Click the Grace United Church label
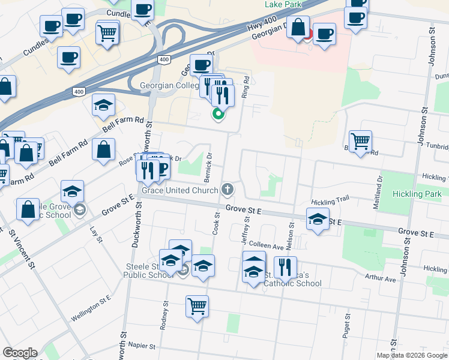click(x=179, y=190)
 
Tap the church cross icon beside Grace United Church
click(x=227, y=190)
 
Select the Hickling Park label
click(x=417, y=194)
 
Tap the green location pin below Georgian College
click(x=218, y=113)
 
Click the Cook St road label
click(x=217, y=227)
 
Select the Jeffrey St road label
click(x=246, y=227)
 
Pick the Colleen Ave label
click(x=265, y=246)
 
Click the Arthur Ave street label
click(x=382, y=279)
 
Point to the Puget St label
click(x=346, y=326)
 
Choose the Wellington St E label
click(x=92, y=303)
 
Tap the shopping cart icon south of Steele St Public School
click(x=197, y=307)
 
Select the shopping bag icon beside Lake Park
click(x=298, y=26)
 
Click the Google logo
click(x=20, y=353)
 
